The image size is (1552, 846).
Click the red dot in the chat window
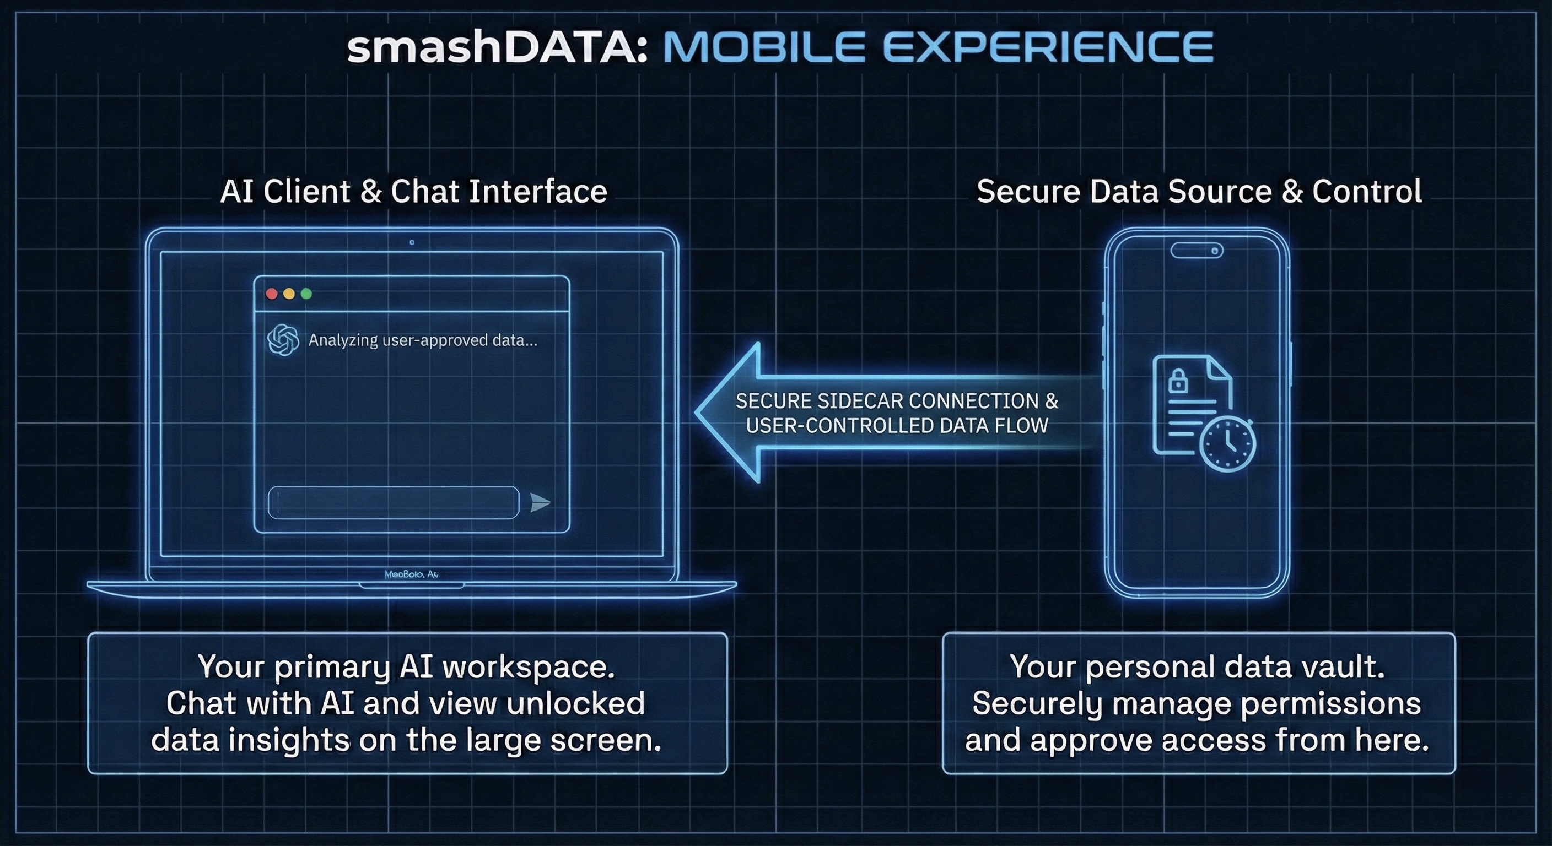point(272,294)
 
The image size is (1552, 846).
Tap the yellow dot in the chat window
point(289,294)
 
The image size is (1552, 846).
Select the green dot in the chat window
point(306,294)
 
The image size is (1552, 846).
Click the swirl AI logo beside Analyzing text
point(283,340)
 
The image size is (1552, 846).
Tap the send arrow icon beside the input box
point(540,502)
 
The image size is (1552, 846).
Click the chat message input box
point(394,502)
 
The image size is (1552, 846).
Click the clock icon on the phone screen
point(1228,444)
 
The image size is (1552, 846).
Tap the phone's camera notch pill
point(1197,250)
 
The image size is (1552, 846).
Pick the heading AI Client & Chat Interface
point(413,192)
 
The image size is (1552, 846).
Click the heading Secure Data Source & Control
point(1199,192)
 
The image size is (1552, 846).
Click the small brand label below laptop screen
point(412,574)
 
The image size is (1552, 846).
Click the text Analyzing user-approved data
point(422,340)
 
